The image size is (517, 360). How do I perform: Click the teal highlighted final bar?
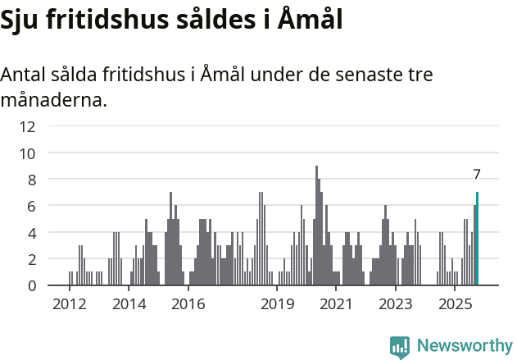(477, 239)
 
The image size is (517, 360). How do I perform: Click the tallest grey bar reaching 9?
(316, 226)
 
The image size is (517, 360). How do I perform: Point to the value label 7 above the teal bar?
(477, 175)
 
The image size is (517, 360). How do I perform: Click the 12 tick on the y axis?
(28, 126)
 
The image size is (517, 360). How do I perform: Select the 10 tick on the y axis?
(28, 153)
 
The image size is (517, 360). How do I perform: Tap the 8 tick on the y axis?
(30, 180)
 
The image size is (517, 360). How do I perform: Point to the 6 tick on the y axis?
(30, 206)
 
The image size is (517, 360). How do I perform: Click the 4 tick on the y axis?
(30, 232)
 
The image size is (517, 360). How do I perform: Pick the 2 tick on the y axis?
(30, 259)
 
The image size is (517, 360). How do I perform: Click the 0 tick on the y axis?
(30, 285)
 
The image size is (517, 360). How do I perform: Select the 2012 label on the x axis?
(70, 304)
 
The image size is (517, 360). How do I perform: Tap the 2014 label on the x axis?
(129, 304)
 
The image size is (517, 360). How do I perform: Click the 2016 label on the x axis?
(188, 304)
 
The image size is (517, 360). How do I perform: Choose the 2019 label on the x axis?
(277, 304)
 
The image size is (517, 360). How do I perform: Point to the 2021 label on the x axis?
(336, 304)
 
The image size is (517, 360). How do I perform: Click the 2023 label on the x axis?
(396, 304)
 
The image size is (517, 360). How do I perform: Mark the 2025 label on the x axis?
(455, 304)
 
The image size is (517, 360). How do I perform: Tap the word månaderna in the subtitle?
(54, 101)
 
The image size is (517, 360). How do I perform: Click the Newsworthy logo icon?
(400, 346)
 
